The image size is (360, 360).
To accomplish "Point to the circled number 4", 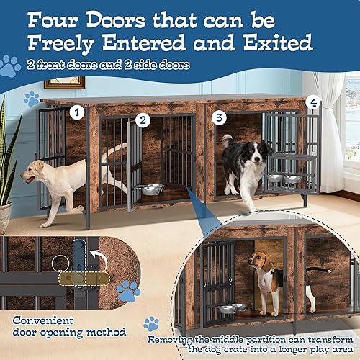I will click(312, 102).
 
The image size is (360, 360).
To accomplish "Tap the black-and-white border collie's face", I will click(258, 154).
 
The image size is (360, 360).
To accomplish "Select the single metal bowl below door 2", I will click(152, 189).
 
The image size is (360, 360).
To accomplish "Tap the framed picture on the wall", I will click(65, 81).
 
